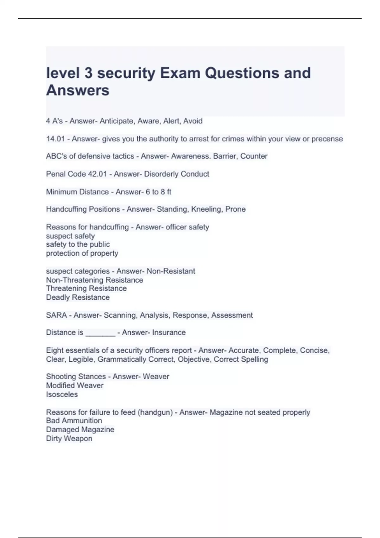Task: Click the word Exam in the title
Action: click(180, 73)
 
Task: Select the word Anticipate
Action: click(117, 121)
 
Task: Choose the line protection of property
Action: click(82, 253)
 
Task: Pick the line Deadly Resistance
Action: click(78, 297)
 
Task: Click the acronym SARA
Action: click(56, 315)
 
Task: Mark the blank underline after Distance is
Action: click(100, 333)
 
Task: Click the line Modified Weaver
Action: click(75, 385)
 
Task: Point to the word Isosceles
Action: click(62, 394)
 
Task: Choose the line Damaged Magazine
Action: click(80, 429)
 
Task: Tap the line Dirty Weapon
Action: click(69, 439)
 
